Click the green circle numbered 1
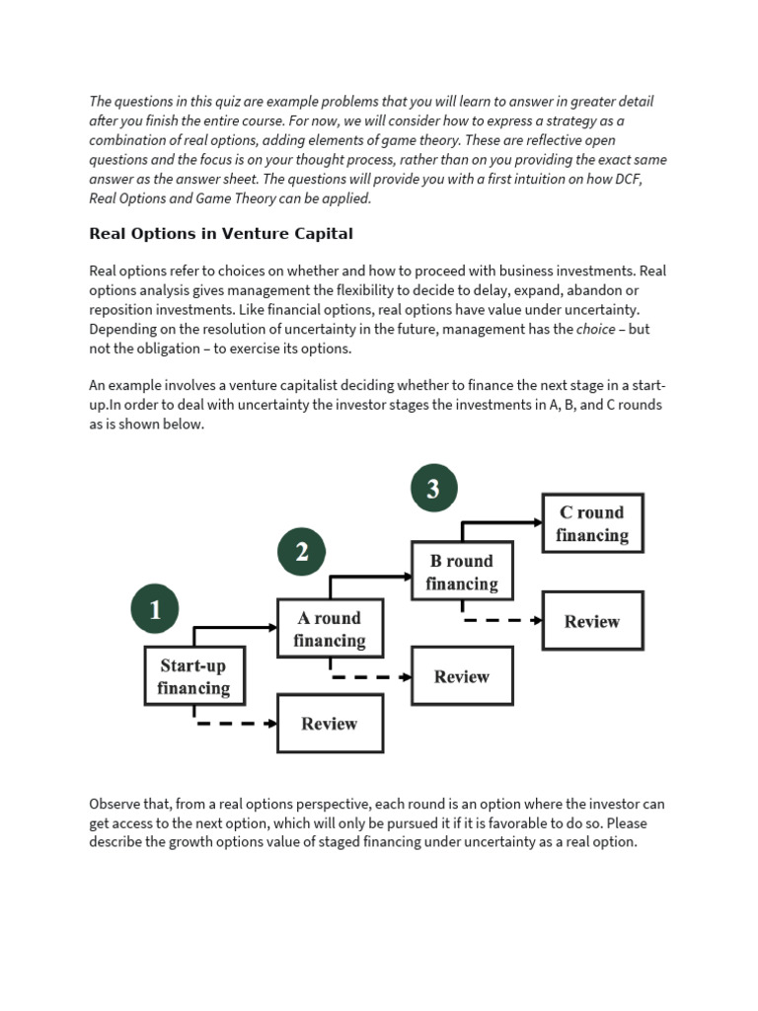pyautogui.click(x=155, y=610)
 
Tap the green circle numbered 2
pyautogui.click(x=302, y=552)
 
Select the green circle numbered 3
pyautogui.click(x=433, y=488)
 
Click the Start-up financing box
pyautogui.click(x=193, y=676)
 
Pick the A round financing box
pyautogui.click(x=330, y=629)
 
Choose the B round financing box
pyautogui.click(x=462, y=572)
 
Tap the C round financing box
pyautogui.click(x=592, y=523)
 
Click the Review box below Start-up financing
pyautogui.click(x=330, y=724)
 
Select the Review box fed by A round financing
pyautogui.click(x=462, y=676)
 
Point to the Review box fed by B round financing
pyautogui.click(x=592, y=621)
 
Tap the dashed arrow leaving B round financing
pyautogui.click(x=502, y=621)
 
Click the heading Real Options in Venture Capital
pyautogui.click(x=221, y=234)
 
